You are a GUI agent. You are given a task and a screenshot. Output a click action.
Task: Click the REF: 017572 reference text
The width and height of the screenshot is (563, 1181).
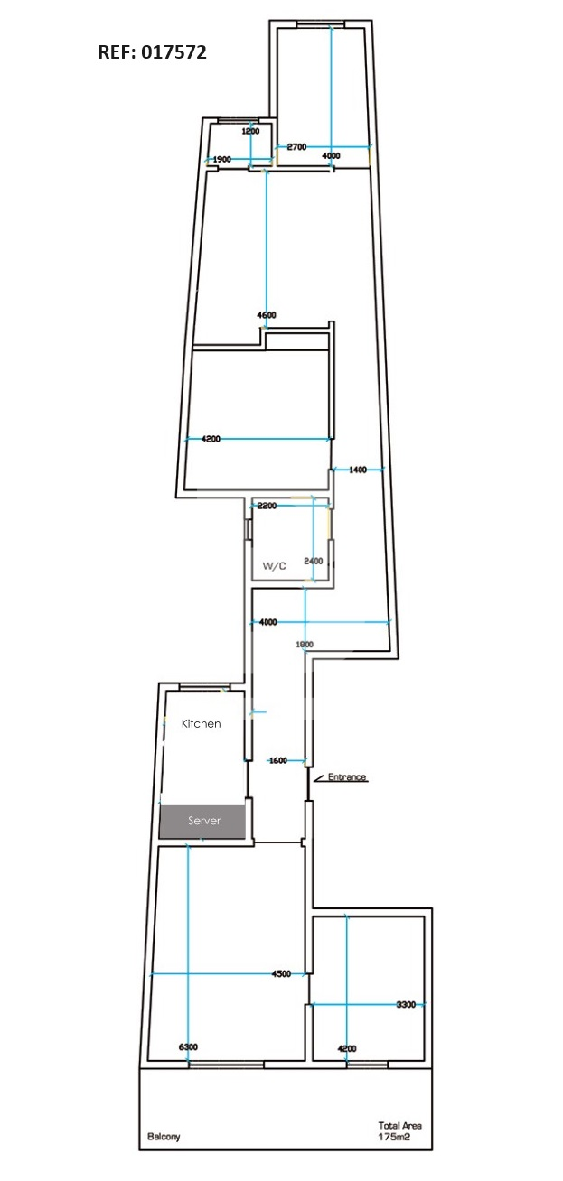[x=152, y=52]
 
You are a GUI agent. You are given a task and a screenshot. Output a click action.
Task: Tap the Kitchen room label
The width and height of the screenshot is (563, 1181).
[x=201, y=723]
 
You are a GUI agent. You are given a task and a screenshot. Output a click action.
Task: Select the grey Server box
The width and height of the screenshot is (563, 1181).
[x=202, y=822]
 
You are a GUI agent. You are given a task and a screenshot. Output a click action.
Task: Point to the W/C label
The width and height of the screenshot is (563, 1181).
[x=275, y=566]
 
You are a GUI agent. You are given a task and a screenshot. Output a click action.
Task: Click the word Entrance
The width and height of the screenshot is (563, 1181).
[x=347, y=776]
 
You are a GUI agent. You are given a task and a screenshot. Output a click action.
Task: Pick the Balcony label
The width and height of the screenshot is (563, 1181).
[x=164, y=1136]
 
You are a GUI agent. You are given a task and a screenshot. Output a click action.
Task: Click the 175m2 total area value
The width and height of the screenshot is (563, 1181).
[x=394, y=1137]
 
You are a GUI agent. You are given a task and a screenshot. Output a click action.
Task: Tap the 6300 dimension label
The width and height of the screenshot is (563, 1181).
[x=188, y=1046]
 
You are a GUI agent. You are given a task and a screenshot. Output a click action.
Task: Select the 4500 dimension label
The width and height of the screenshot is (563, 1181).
[x=281, y=974]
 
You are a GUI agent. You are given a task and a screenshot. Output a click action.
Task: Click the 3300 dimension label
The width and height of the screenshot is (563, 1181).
[x=407, y=1004]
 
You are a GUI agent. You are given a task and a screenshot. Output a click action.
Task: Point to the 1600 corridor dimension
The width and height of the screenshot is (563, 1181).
[x=278, y=760]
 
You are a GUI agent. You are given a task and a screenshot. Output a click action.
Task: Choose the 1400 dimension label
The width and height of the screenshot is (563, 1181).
[x=358, y=470]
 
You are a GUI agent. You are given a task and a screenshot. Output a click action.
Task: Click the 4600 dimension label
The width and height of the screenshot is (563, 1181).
[x=267, y=315]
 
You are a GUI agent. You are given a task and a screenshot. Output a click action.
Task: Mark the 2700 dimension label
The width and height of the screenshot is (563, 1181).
[x=296, y=147]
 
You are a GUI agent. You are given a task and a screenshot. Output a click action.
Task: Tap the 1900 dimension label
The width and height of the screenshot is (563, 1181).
[x=221, y=159]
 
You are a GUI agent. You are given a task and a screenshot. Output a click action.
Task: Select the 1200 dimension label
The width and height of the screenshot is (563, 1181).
[x=250, y=131]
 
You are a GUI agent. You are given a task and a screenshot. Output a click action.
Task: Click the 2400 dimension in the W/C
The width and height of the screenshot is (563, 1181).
[x=314, y=561]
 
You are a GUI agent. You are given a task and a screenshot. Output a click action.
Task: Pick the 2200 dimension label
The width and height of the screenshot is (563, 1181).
[x=267, y=506]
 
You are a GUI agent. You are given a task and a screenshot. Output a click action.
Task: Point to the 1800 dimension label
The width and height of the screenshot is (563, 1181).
[x=305, y=645]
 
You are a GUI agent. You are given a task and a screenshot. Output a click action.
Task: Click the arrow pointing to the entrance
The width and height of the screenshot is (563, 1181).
[x=319, y=778]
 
